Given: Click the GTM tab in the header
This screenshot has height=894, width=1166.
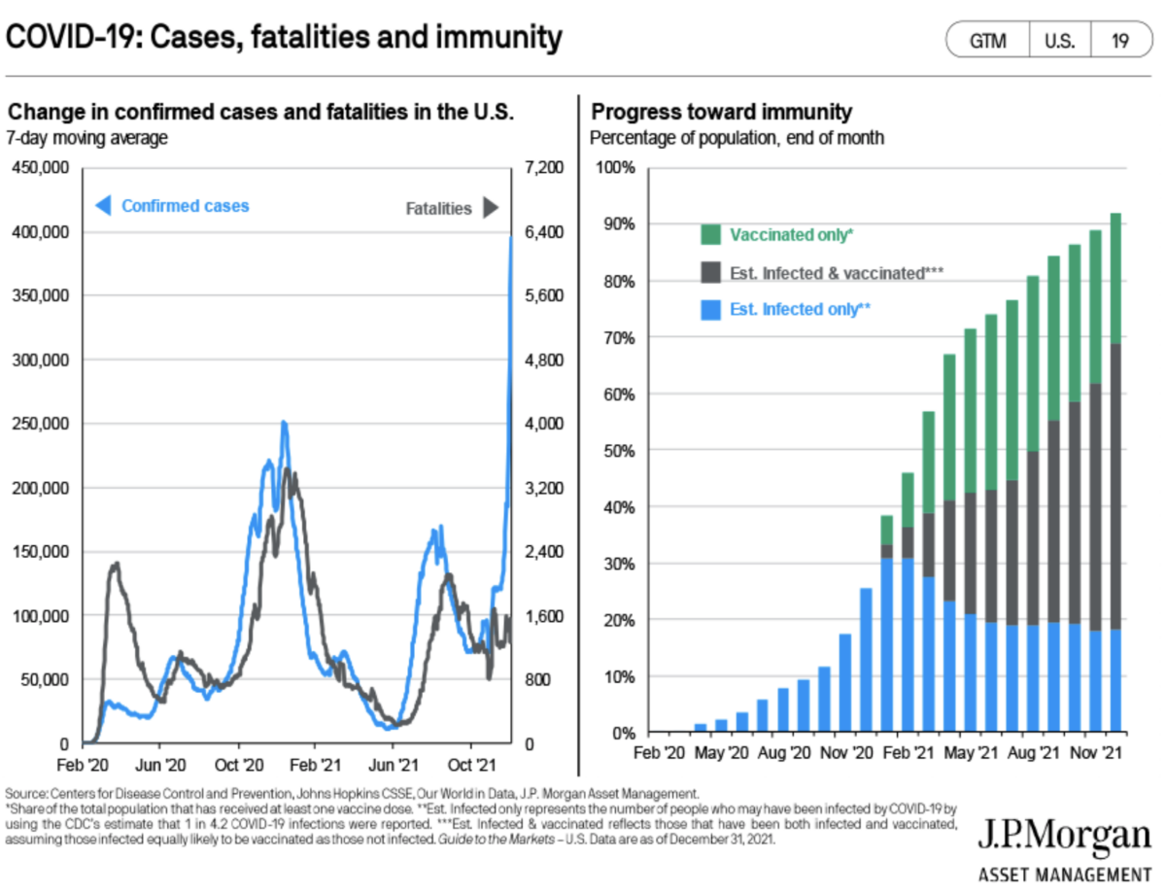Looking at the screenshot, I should coord(987,42).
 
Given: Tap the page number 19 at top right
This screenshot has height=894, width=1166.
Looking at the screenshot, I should coord(1120,42).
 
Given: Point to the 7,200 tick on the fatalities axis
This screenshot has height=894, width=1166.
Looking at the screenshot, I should coord(544,168).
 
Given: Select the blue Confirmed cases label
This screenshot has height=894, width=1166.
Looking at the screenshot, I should coord(185,206).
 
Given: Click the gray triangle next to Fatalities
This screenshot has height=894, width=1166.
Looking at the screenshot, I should coord(490,208).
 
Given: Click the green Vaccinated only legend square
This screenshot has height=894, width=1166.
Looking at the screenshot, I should coord(711,235).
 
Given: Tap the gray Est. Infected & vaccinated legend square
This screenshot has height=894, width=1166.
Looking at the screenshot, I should coord(711,273).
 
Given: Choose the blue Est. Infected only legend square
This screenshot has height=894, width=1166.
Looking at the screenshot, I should coord(711,310).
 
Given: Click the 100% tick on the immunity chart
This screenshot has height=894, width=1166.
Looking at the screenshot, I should coord(614,168).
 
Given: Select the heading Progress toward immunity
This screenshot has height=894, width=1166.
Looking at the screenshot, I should coord(721,112).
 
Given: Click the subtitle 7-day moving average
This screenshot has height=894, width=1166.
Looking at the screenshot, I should coord(87,138).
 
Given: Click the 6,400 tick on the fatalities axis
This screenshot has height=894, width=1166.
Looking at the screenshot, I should coord(544,232).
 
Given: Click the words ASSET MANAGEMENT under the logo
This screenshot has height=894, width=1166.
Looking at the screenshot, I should coord(1064,872).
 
